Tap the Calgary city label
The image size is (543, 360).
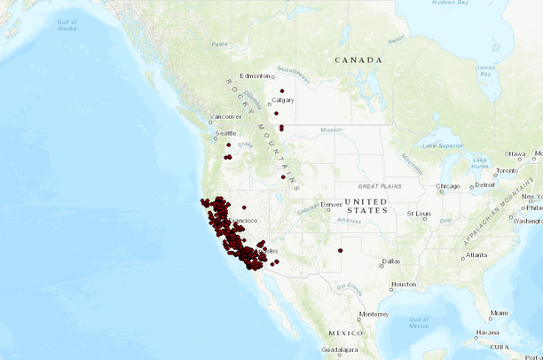click(x=283, y=100)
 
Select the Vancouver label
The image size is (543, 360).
click(x=226, y=117)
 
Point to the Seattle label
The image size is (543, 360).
click(x=225, y=133)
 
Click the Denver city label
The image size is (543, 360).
click(x=332, y=205)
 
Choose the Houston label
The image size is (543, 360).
click(x=404, y=285)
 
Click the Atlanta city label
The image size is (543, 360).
click(x=476, y=255)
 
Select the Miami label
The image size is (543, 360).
click(x=500, y=313)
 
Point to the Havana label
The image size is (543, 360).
click(x=486, y=333)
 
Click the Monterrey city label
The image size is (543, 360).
click(x=374, y=314)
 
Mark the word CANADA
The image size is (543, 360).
click(x=358, y=60)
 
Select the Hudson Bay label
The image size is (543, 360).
click(x=450, y=4)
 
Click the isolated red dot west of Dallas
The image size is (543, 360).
click(x=340, y=251)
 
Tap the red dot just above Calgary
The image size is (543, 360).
click(x=282, y=90)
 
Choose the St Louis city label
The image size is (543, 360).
click(x=419, y=214)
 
